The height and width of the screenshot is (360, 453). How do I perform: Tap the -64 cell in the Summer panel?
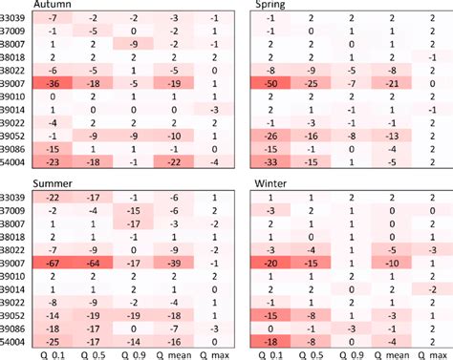pos(94,263)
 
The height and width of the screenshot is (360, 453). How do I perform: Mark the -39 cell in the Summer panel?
pos(173,263)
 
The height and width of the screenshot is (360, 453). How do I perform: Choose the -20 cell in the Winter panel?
pos(271,263)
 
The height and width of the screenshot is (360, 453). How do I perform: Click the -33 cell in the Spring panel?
pos(271,161)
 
